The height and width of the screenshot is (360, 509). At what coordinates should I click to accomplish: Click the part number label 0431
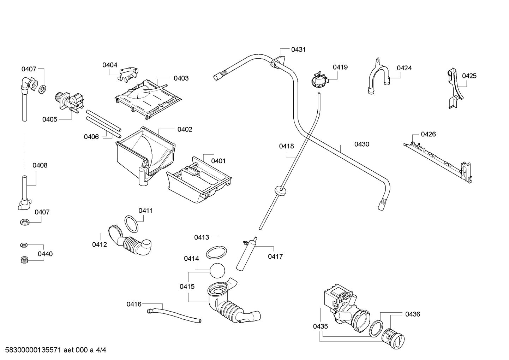(x=298, y=49)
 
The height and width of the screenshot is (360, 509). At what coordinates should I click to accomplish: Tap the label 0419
(x=340, y=67)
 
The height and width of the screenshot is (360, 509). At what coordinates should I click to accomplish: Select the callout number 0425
(x=469, y=76)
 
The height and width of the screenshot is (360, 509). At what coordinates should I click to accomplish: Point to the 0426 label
(x=428, y=134)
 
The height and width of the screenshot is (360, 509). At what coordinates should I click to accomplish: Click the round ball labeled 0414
(x=217, y=270)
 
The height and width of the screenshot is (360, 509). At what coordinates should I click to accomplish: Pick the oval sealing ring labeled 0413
(x=216, y=253)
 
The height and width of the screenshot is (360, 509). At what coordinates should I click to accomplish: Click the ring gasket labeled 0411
(x=131, y=224)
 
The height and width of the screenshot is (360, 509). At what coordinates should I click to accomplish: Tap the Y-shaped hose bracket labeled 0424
(x=378, y=75)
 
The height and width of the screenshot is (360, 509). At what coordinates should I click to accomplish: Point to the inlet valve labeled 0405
(x=69, y=102)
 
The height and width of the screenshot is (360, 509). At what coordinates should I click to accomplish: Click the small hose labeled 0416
(x=174, y=315)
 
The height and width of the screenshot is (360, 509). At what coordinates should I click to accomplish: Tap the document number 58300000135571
(x=33, y=350)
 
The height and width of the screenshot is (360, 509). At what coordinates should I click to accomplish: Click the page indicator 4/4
(x=101, y=350)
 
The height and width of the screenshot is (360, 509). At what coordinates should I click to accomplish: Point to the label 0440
(x=45, y=254)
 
